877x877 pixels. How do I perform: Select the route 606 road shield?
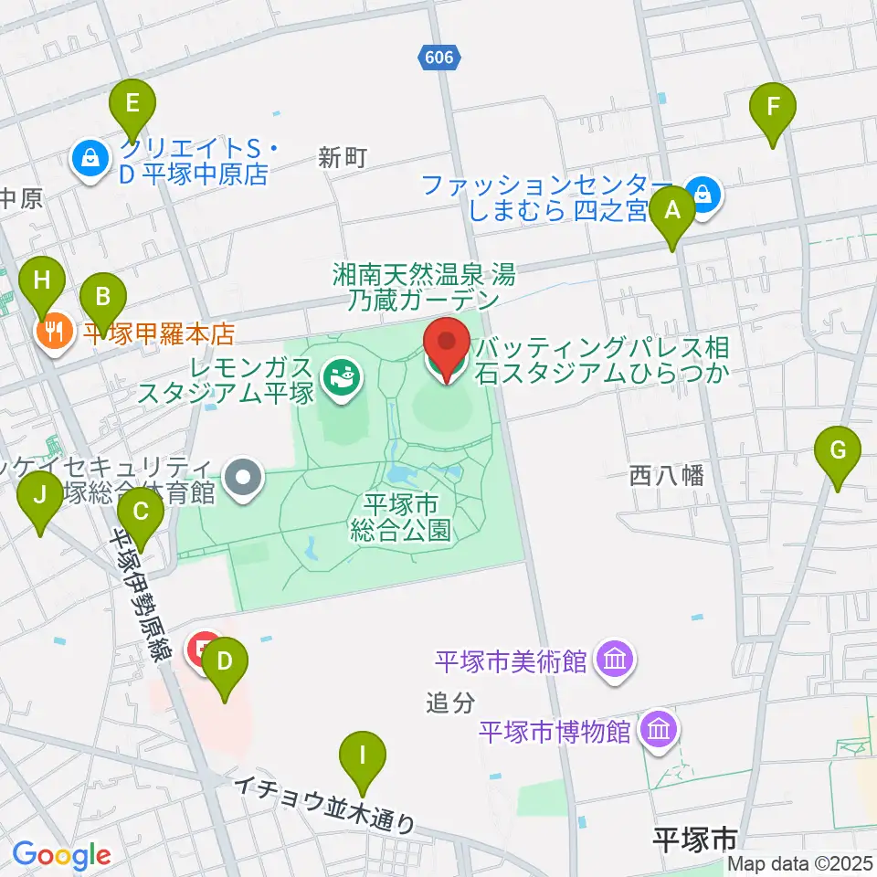(x=438, y=58)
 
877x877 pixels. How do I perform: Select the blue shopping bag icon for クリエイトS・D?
(x=90, y=160)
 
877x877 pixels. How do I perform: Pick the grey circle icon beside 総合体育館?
(x=243, y=476)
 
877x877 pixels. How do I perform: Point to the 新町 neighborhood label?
(x=343, y=158)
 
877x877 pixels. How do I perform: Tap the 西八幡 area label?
(x=666, y=475)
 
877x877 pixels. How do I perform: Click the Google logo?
(x=61, y=855)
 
